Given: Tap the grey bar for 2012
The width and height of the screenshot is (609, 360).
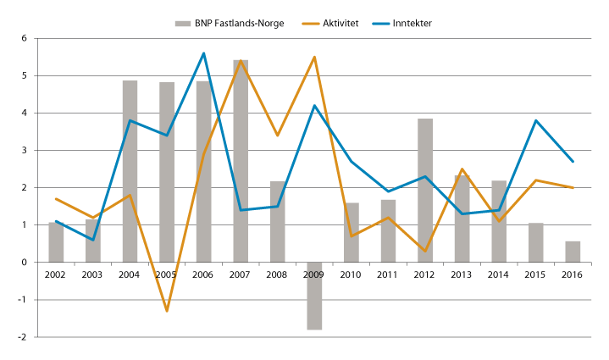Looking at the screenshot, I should [425, 191].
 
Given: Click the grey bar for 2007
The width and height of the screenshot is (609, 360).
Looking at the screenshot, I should [241, 161].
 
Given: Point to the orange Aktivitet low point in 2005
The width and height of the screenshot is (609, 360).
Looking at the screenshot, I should [167, 311].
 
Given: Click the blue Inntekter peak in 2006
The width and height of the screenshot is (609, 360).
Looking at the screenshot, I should [203, 53].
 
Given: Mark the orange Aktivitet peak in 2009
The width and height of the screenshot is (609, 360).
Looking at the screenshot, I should [314, 57].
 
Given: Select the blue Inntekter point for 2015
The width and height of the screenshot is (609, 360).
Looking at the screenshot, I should [535, 120].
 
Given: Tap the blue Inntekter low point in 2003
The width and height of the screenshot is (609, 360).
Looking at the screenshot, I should [93, 240].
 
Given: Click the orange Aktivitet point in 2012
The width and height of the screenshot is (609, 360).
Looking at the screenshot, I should [425, 251].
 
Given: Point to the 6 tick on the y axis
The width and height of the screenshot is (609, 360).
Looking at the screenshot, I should [25, 39].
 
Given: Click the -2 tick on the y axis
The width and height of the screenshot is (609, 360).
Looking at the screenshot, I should [24, 337].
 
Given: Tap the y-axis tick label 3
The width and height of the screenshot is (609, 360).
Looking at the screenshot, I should [25, 151].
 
